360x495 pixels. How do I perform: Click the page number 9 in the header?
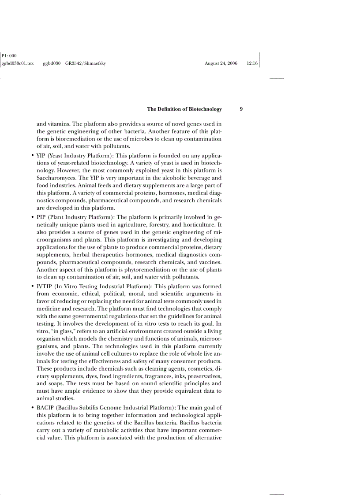point(241,109)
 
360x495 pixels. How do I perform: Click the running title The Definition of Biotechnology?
point(184,109)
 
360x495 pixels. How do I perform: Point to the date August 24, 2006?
point(221,63)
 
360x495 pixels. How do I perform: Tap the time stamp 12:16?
point(252,63)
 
